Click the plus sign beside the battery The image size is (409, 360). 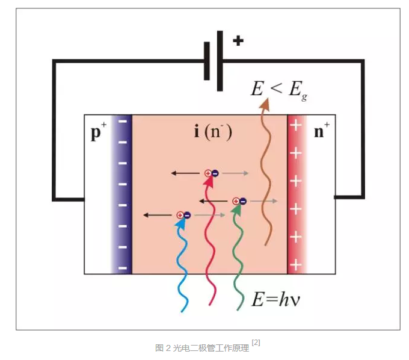pos(238,42)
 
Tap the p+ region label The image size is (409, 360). pos(96,134)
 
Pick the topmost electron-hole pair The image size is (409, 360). pos(211,173)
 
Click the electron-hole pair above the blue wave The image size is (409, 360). pos(183,215)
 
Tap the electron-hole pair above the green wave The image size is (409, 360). pos(239,201)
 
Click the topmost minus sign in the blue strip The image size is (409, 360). pos(122,122)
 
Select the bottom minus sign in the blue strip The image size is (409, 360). pos(122,267)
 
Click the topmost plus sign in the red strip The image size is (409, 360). pos(295,126)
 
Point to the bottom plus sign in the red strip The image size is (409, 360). pos(295,265)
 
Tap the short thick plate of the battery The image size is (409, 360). pos(207,61)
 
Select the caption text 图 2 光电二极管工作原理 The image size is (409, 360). pos(201,347)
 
